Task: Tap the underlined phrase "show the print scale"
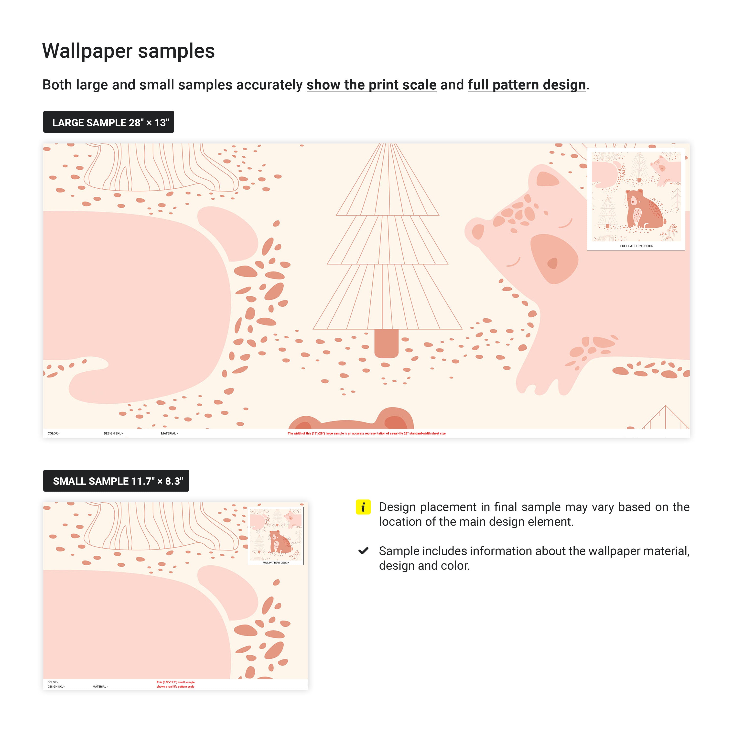[x=371, y=85]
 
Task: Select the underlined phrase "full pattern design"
[x=527, y=85]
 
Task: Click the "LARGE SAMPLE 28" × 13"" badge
[x=108, y=122]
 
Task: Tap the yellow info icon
[x=363, y=507]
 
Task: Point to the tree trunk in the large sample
[x=386, y=343]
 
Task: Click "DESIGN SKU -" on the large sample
[x=113, y=433]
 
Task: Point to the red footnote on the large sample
[x=366, y=433]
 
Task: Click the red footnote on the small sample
[x=176, y=684]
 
